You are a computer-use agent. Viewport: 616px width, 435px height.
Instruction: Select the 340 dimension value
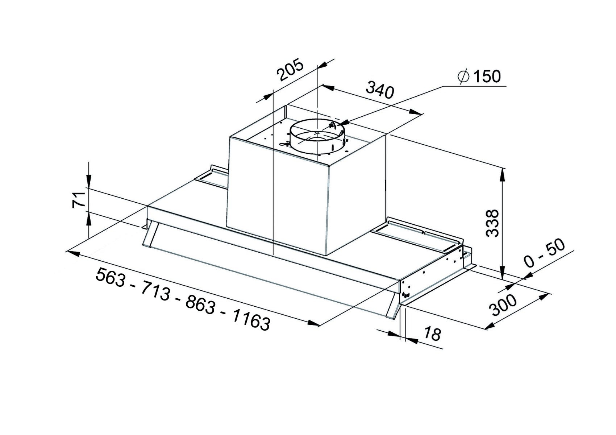pyautogui.click(x=380, y=89)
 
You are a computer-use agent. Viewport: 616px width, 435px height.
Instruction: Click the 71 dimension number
pyautogui.click(x=79, y=200)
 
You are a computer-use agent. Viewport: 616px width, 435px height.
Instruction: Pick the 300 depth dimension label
pyautogui.click(x=504, y=306)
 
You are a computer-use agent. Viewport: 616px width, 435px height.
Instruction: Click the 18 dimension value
pyautogui.click(x=432, y=333)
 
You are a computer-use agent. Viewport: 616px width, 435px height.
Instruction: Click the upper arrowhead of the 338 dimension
pyautogui.click(x=502, y=175)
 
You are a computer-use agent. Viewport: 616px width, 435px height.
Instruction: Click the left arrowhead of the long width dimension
pyautogui.click(x=73, y=253)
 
